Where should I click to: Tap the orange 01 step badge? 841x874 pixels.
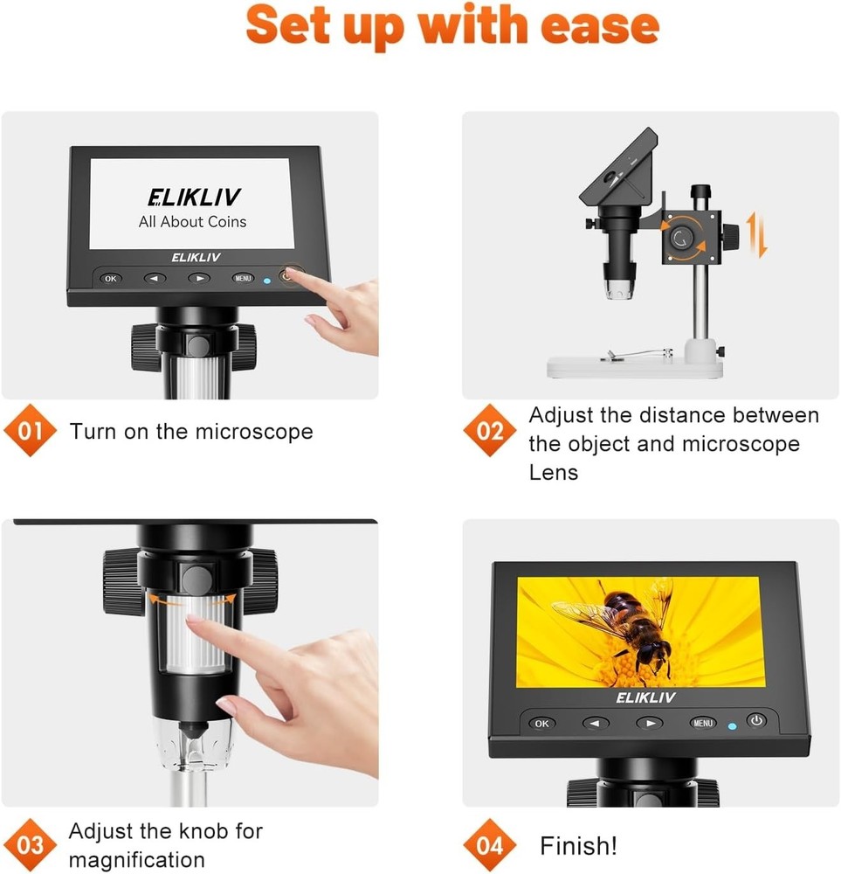(31, 432)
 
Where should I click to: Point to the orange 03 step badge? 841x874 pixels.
(31, 845)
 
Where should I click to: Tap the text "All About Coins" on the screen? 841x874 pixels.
(192, 222)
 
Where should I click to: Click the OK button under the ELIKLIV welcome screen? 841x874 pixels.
(110, 278)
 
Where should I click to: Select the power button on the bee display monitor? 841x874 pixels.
(756, 721)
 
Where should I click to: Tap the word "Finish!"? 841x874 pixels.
(578, 846)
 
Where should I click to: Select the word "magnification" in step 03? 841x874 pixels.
(136, 859)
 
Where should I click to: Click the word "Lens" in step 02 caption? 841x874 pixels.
(553, 473)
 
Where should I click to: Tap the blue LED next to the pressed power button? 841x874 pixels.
(266, 281)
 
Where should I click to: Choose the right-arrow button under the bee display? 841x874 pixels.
(649, 723)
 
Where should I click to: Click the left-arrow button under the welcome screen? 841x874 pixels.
(155, 279)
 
